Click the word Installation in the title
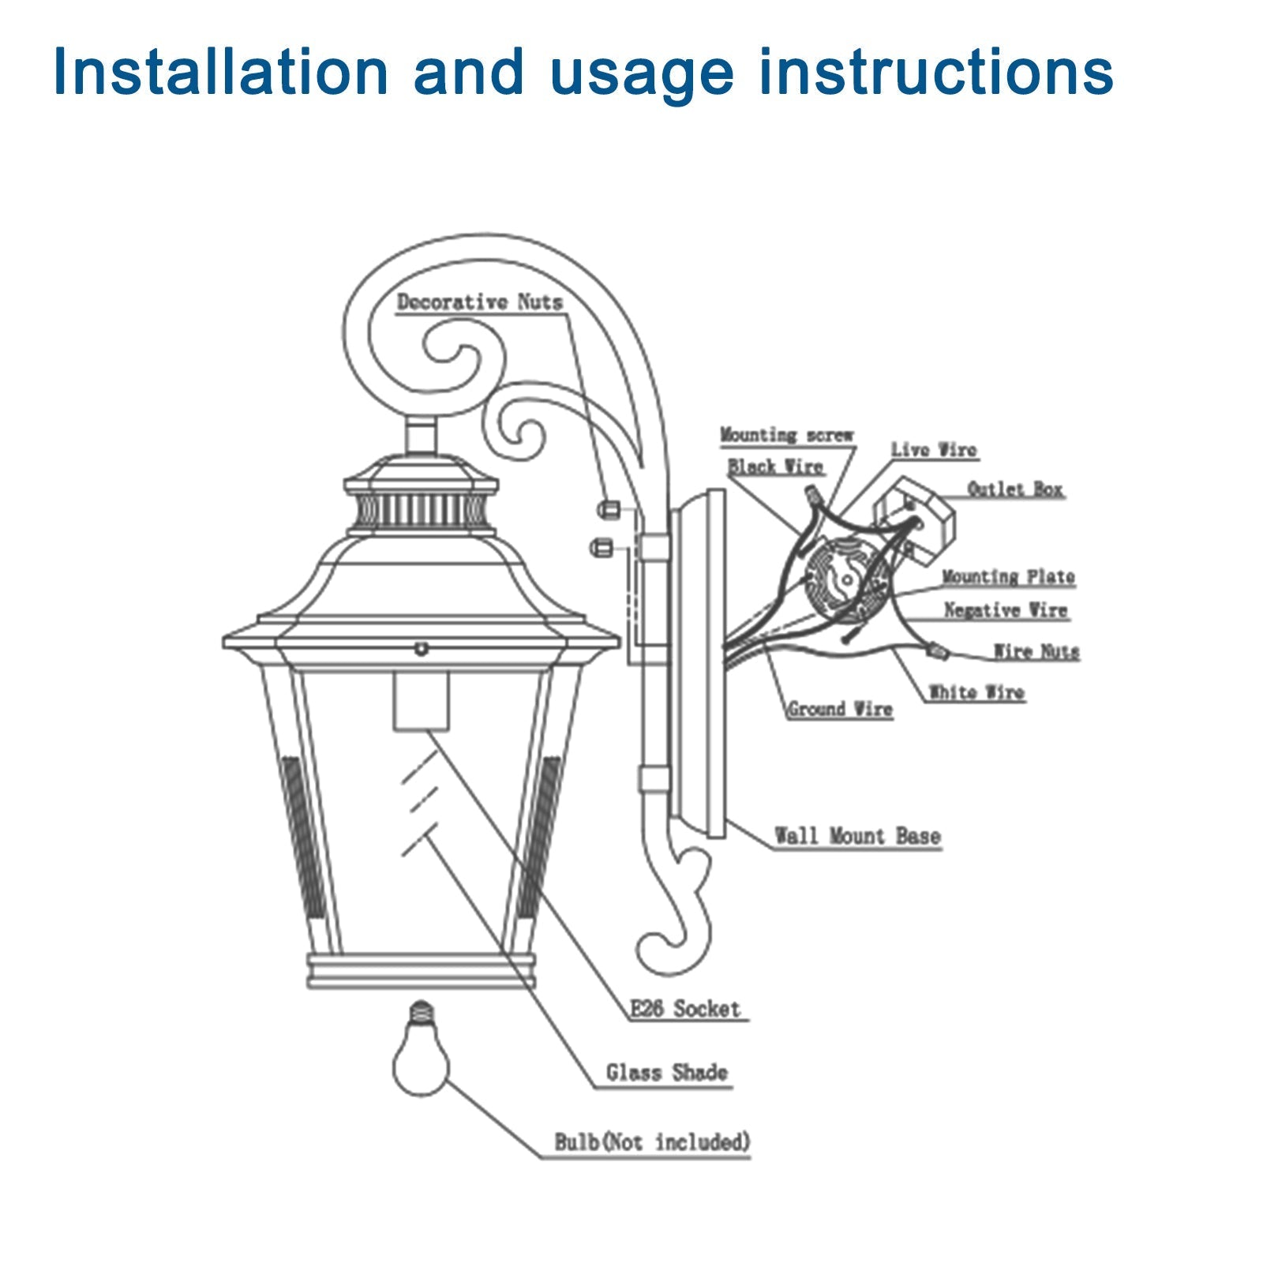(221, 73)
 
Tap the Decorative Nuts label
(479, 302)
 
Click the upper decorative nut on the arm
(607, 509)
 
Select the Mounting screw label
(786, 435)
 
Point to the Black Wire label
(775, 467)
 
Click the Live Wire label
(934, 450)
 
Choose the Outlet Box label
(1015, 489)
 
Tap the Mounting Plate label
(1008, 577)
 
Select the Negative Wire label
(1006, 610)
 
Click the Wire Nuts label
(1036, 652)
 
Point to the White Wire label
(976, 692)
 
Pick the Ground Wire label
(840, 709)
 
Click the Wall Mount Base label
(857, 836)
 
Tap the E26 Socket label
(685, 1009)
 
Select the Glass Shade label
(666, 1073)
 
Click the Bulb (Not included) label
(652, 1142)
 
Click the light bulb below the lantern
(422, 1058)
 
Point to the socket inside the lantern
(421, 701)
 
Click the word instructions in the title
(935, 73)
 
